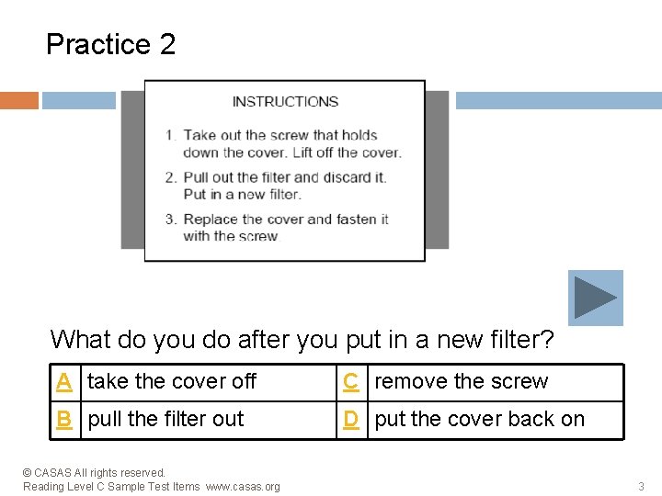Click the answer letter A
click(64, 382)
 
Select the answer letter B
click(64, 420)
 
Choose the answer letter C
click(351, 382)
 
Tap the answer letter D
click(351, 420)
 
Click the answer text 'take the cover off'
click(171, 381)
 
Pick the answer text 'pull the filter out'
click(165, 419)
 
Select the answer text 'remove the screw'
click(462, 381)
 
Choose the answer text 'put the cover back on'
click(480, 419)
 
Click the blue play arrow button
click(595, 298)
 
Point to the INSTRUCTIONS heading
click(285, 102)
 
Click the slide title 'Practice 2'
click(110, 44)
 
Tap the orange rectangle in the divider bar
click(19, 100)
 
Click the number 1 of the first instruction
click(170, 135)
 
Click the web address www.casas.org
click(243, 487)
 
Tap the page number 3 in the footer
click(641, 486)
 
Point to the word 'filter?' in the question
click(522, 339)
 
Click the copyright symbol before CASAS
click(27, 473)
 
